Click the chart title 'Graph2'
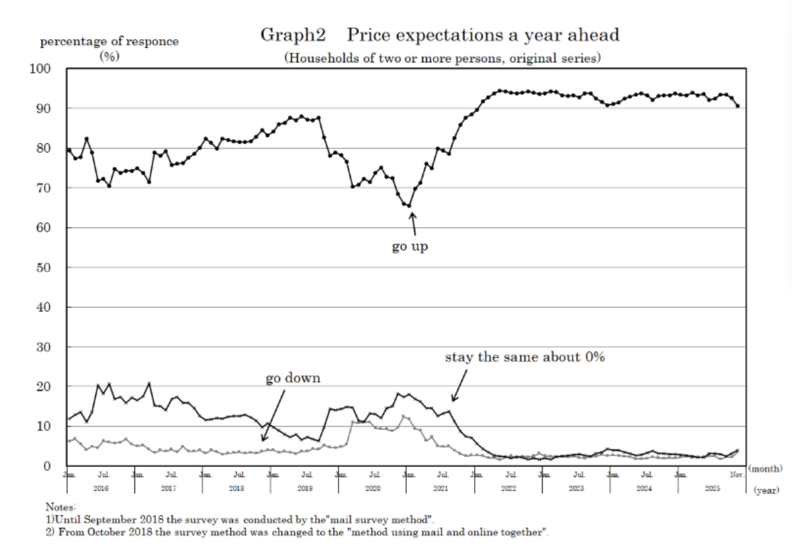(x=293, y=35)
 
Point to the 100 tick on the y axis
(x=45, y=69)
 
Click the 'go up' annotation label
(x=410, y=247)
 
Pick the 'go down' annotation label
(x=293, y=378)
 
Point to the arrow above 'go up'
(x=412, y=223)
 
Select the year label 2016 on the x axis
(x=101, y=488)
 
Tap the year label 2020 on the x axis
(x=372, y=488)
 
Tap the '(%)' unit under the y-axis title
(x=108, y=55)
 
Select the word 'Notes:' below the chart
(x=61, y=506)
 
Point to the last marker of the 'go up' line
(x=737, y=106)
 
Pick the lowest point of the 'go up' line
(x=409, y=206)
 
